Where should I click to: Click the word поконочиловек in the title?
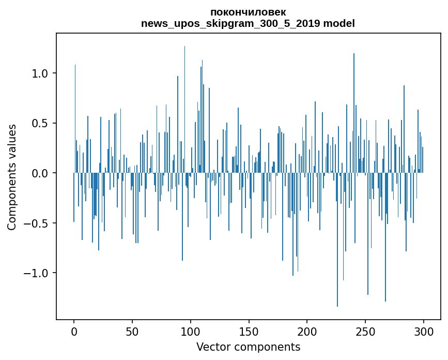(248, 12)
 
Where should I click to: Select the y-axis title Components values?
(12, 177)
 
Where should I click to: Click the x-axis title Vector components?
(248, 347)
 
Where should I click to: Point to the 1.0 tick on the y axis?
(40, 73)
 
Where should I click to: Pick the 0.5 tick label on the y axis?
(40, 123)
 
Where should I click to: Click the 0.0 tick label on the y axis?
(40, 173)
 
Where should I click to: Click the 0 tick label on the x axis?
(74, 331)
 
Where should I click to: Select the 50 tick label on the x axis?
(132, 331)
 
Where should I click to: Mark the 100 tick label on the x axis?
(191, 331)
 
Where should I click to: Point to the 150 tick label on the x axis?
(249, 331)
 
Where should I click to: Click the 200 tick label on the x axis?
(307, 331)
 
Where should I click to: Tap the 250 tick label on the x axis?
(365, 331)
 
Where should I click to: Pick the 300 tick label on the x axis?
(424, 331)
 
